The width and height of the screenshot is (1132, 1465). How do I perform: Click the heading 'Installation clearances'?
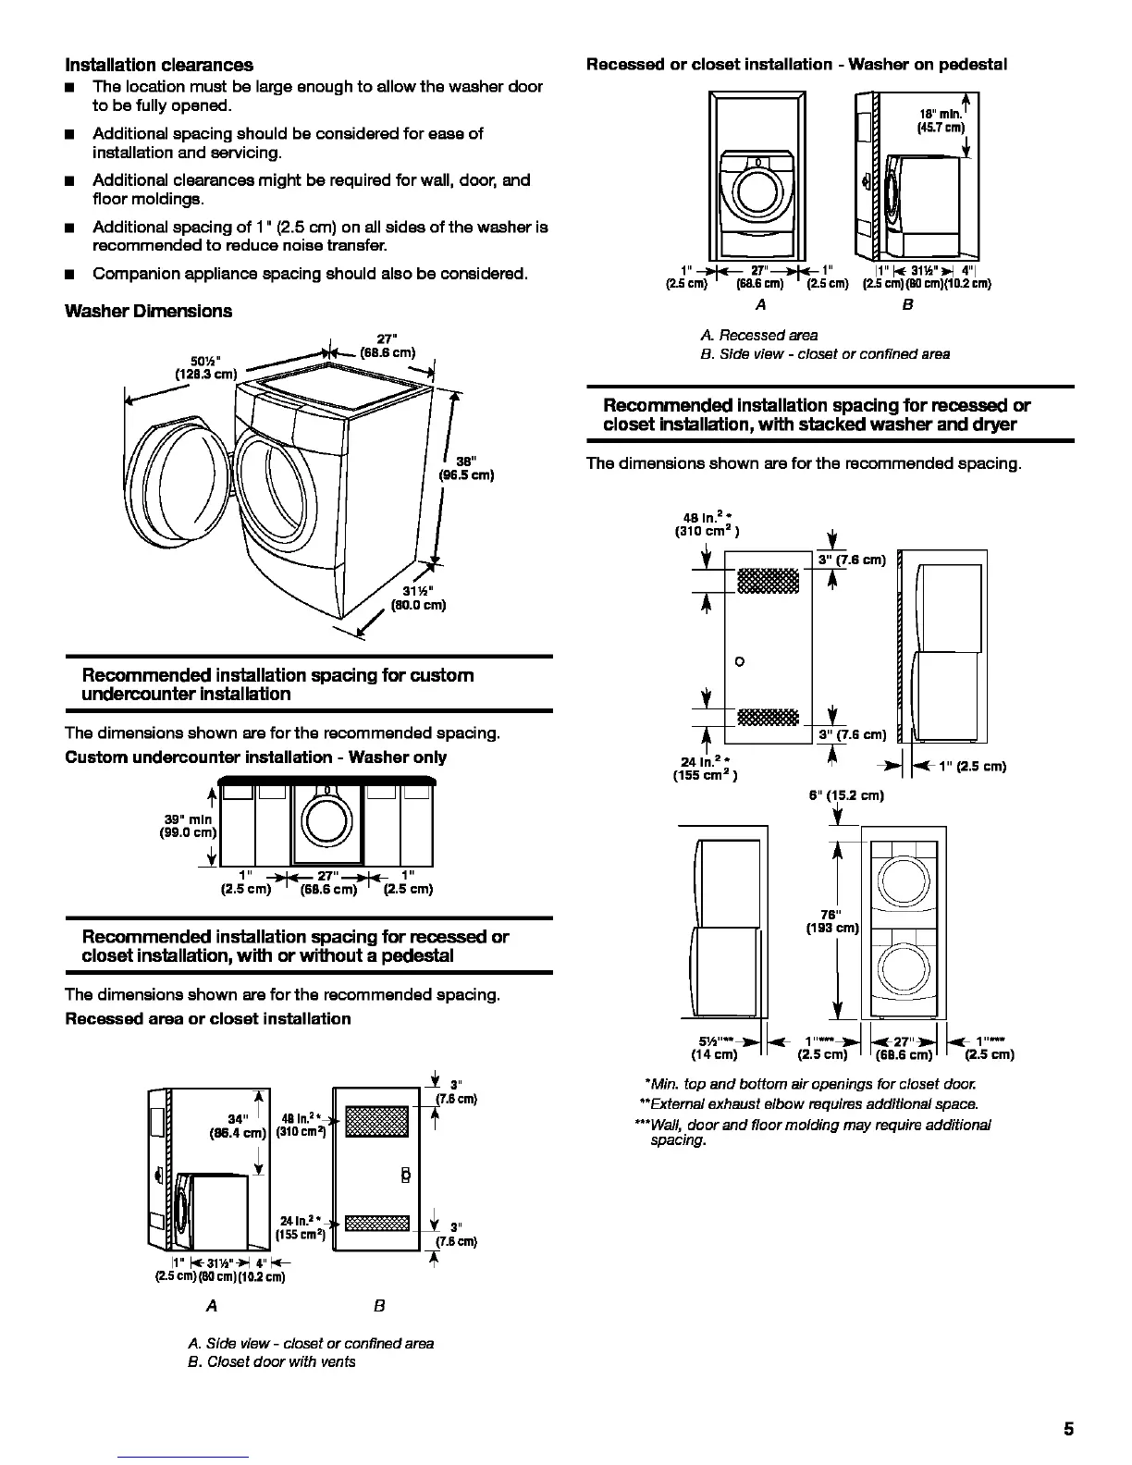(x=158, y=65)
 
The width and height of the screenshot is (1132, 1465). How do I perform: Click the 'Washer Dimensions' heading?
(x=148, y=311)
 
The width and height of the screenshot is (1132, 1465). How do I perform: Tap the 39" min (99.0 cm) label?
(x=188, y=826)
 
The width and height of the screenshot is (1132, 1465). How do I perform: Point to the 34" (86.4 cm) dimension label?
(x=239, y=1126)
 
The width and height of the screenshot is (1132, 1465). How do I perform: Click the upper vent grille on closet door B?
(x=376, y=1121)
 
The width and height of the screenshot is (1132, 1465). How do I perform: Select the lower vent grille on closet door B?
(x=376, y=1224)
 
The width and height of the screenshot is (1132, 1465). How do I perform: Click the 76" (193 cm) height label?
(x=833, y=921)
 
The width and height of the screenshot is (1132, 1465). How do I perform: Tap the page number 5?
(x=1068, y=1429)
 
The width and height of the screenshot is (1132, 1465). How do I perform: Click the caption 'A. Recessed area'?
(x=758, y=335)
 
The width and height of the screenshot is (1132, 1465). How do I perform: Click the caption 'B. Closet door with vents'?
(x=272, y=1361)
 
